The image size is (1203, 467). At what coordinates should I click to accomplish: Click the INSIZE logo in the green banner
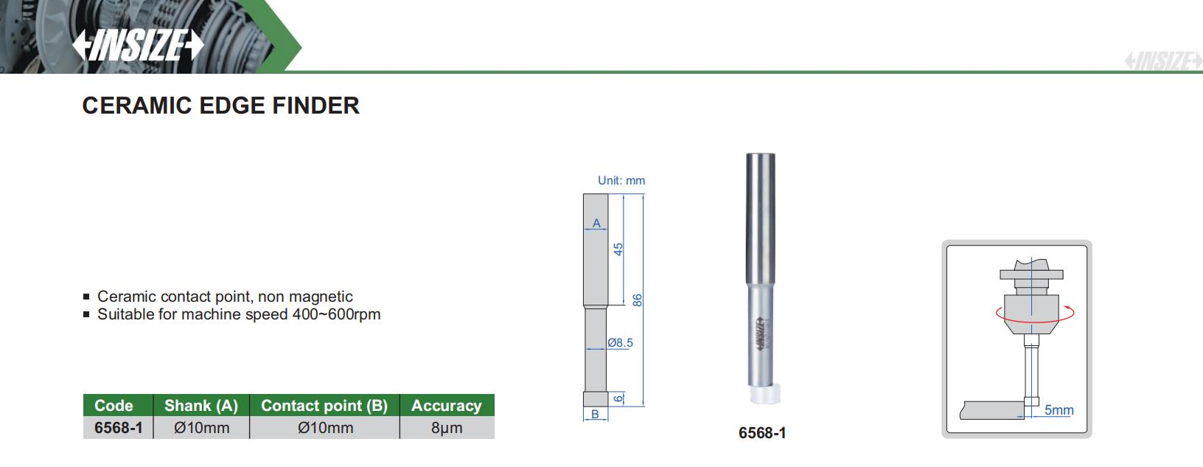point(138,44)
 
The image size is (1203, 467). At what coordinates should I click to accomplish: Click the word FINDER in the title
point(315,105)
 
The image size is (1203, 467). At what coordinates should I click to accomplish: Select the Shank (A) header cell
point(201,405)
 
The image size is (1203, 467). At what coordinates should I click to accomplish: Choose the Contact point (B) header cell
point(324,405)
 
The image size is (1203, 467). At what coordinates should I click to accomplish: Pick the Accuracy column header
point(447,405)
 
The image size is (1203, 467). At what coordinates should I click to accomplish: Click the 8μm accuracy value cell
point(447,428)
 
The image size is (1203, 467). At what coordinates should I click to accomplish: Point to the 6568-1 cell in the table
point(118,428)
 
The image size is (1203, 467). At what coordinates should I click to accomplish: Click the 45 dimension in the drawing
point(618,249)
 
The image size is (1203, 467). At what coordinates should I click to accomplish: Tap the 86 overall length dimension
point(638,300)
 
